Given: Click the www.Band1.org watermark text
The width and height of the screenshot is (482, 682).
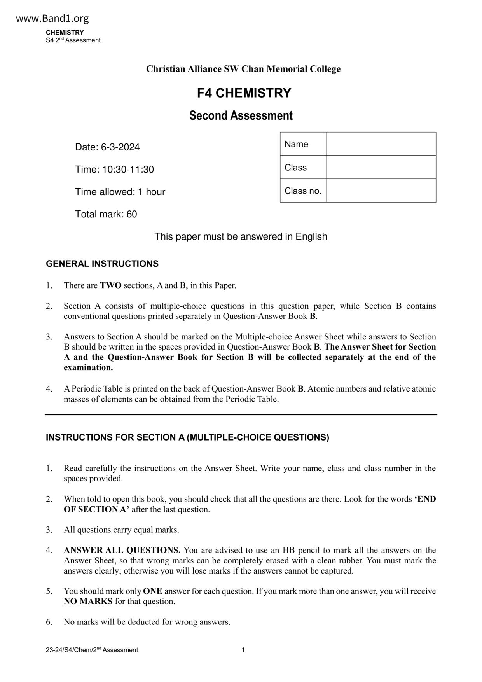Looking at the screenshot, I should pyautogui.click(x=52, y=18).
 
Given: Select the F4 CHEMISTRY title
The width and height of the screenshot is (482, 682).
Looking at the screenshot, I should pyautogui.click(x=244, y=93).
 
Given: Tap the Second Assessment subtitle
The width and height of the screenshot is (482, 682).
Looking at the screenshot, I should pyautogui.click(x=241, y=115).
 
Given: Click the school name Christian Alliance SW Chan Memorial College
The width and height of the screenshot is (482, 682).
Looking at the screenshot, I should pyautogui.click(x=243, y=69).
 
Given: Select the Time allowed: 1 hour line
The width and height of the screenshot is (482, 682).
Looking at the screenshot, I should pyautogui.click(x=120, y=192).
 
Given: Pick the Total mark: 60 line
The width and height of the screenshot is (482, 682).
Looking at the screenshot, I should pyautogui.click(x=106, y=214).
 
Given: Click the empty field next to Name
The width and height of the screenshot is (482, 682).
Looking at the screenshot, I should pyautogui.click(x=381, y=144).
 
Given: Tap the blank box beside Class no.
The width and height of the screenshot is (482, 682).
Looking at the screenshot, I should pyautogui.click(x=381, y=191).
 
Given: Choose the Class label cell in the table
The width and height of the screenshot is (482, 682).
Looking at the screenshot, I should pyautogui.click(x=303, y=167).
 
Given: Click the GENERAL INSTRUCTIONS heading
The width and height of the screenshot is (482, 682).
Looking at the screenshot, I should pyautogui.click(x=102, y=264).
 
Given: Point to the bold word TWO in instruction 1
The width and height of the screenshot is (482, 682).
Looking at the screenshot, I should pyautogui.click(x=111, y=285).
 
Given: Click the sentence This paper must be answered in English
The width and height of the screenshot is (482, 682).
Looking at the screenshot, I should pyautogui.click(x=241, y=236).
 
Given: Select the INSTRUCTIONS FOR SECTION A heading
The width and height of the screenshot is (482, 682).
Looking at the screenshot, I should pyautogui.click(x=187, y=437).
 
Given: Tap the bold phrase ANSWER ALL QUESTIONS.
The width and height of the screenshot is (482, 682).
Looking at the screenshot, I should pyautogui.click(x=122, y=550).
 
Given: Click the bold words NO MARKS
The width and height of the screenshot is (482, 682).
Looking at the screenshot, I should pyautogui.click(x=88, y=602).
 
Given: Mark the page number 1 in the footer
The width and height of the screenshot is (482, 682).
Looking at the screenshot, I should pyautogui.click(x=243, y=650).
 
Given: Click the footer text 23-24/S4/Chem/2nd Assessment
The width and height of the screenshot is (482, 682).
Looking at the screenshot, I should pyautogui.click(x=92, y=650).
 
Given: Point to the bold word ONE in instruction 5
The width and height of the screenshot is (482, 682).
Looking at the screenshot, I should pyautogui.click(x=152, y=591).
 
